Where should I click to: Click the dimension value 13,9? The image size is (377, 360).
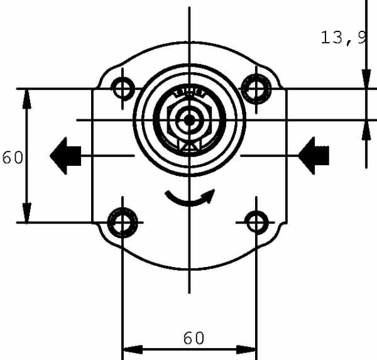[x=344, y=38]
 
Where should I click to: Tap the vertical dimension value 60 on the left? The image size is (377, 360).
[x=13, y=158]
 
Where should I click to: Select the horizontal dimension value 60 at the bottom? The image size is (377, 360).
[x=194, y=338]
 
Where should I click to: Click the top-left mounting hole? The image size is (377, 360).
[x=123, y=89]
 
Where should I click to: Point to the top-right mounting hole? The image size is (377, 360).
[x=256, y=89]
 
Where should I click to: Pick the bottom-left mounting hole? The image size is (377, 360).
[x=123, y=222]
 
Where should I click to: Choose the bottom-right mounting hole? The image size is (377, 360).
[x=256, y=222]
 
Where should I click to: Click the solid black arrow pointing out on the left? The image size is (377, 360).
[x=65, y=156]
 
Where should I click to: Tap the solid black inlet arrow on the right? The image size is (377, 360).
[x=314, y=156]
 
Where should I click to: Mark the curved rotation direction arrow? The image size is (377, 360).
[x=189, y=204]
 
